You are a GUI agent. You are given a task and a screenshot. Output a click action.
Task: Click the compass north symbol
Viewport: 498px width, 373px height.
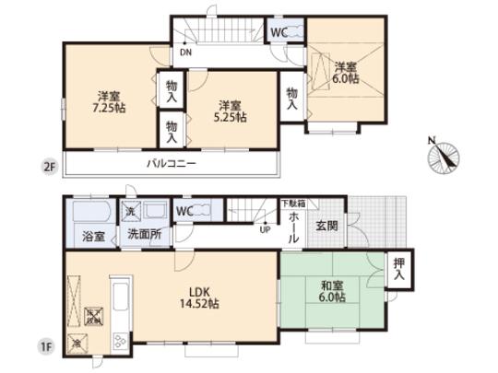pyautogui.click(x=440, y=154)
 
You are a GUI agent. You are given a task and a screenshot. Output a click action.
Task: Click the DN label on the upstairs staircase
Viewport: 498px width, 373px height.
pyautogui.click(x=186, y=52)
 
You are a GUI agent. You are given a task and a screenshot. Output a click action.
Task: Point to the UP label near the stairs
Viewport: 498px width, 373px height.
pyautogui.click(x=265, y=230)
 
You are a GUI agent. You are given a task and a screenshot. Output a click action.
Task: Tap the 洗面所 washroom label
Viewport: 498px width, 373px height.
pyautogui.click(x=145, y=236)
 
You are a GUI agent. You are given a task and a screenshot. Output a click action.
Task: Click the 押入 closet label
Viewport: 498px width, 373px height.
pyautogui.click(x=397, y=268)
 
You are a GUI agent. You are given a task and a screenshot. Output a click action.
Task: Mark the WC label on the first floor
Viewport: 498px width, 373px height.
pyautogui.click(x=184, y=211)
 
